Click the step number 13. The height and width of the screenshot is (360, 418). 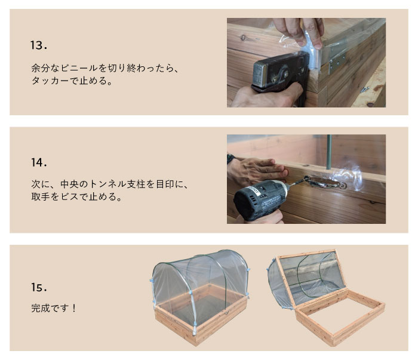point(39,45)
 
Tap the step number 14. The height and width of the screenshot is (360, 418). point(39,162)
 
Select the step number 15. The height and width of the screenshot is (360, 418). point(39,287)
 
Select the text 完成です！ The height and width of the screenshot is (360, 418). point(54,308)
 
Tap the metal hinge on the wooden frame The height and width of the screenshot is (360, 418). point(337,60)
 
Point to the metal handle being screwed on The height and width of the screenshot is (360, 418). point(325,182)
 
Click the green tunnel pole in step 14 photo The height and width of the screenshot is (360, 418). point(329,152)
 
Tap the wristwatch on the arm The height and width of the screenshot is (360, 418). point(230,159)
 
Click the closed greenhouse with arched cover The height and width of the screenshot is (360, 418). point(201,297)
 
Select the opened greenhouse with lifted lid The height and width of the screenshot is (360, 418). point(326,297)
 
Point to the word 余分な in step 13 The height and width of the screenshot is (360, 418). point(45,68)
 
